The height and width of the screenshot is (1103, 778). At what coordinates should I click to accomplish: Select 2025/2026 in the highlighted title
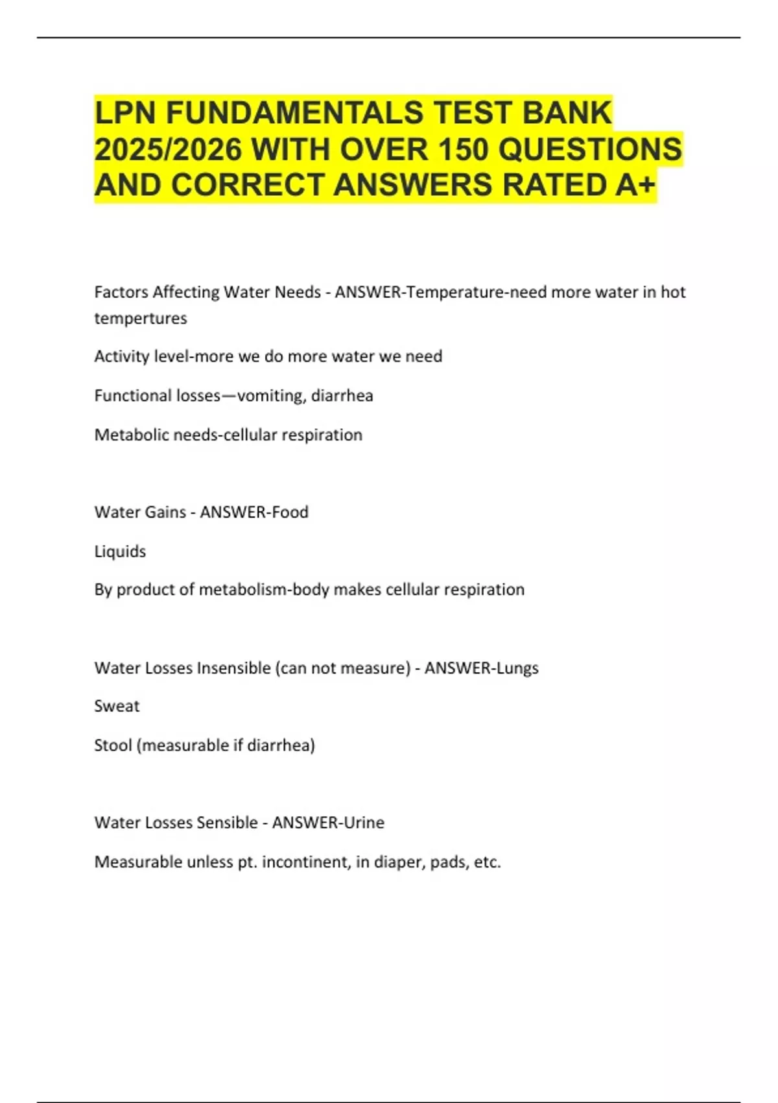pyautogui.click(x=167, y=149)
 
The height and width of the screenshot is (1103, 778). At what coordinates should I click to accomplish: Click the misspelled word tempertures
pyautogui.click(x=141, y=319)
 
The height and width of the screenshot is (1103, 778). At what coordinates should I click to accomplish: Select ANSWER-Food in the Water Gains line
pyautogui.click(x=254, y=512)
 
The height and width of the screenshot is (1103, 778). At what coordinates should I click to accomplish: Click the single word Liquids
pyautogui.click(x=120, y=551)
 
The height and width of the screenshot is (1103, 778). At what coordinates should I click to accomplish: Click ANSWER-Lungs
pyautogui.click(x=482, y=668)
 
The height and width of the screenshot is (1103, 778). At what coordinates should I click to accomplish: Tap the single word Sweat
pyautogui.click(x=117, y=706)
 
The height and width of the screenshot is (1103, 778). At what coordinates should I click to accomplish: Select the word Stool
pyautogui.click(x=113, y=745)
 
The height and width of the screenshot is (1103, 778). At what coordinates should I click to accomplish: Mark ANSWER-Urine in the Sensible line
pyautogui.click(x=328, y=823)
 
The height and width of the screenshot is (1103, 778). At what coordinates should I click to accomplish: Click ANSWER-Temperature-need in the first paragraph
pyautogui.click(x=441, y=293)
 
